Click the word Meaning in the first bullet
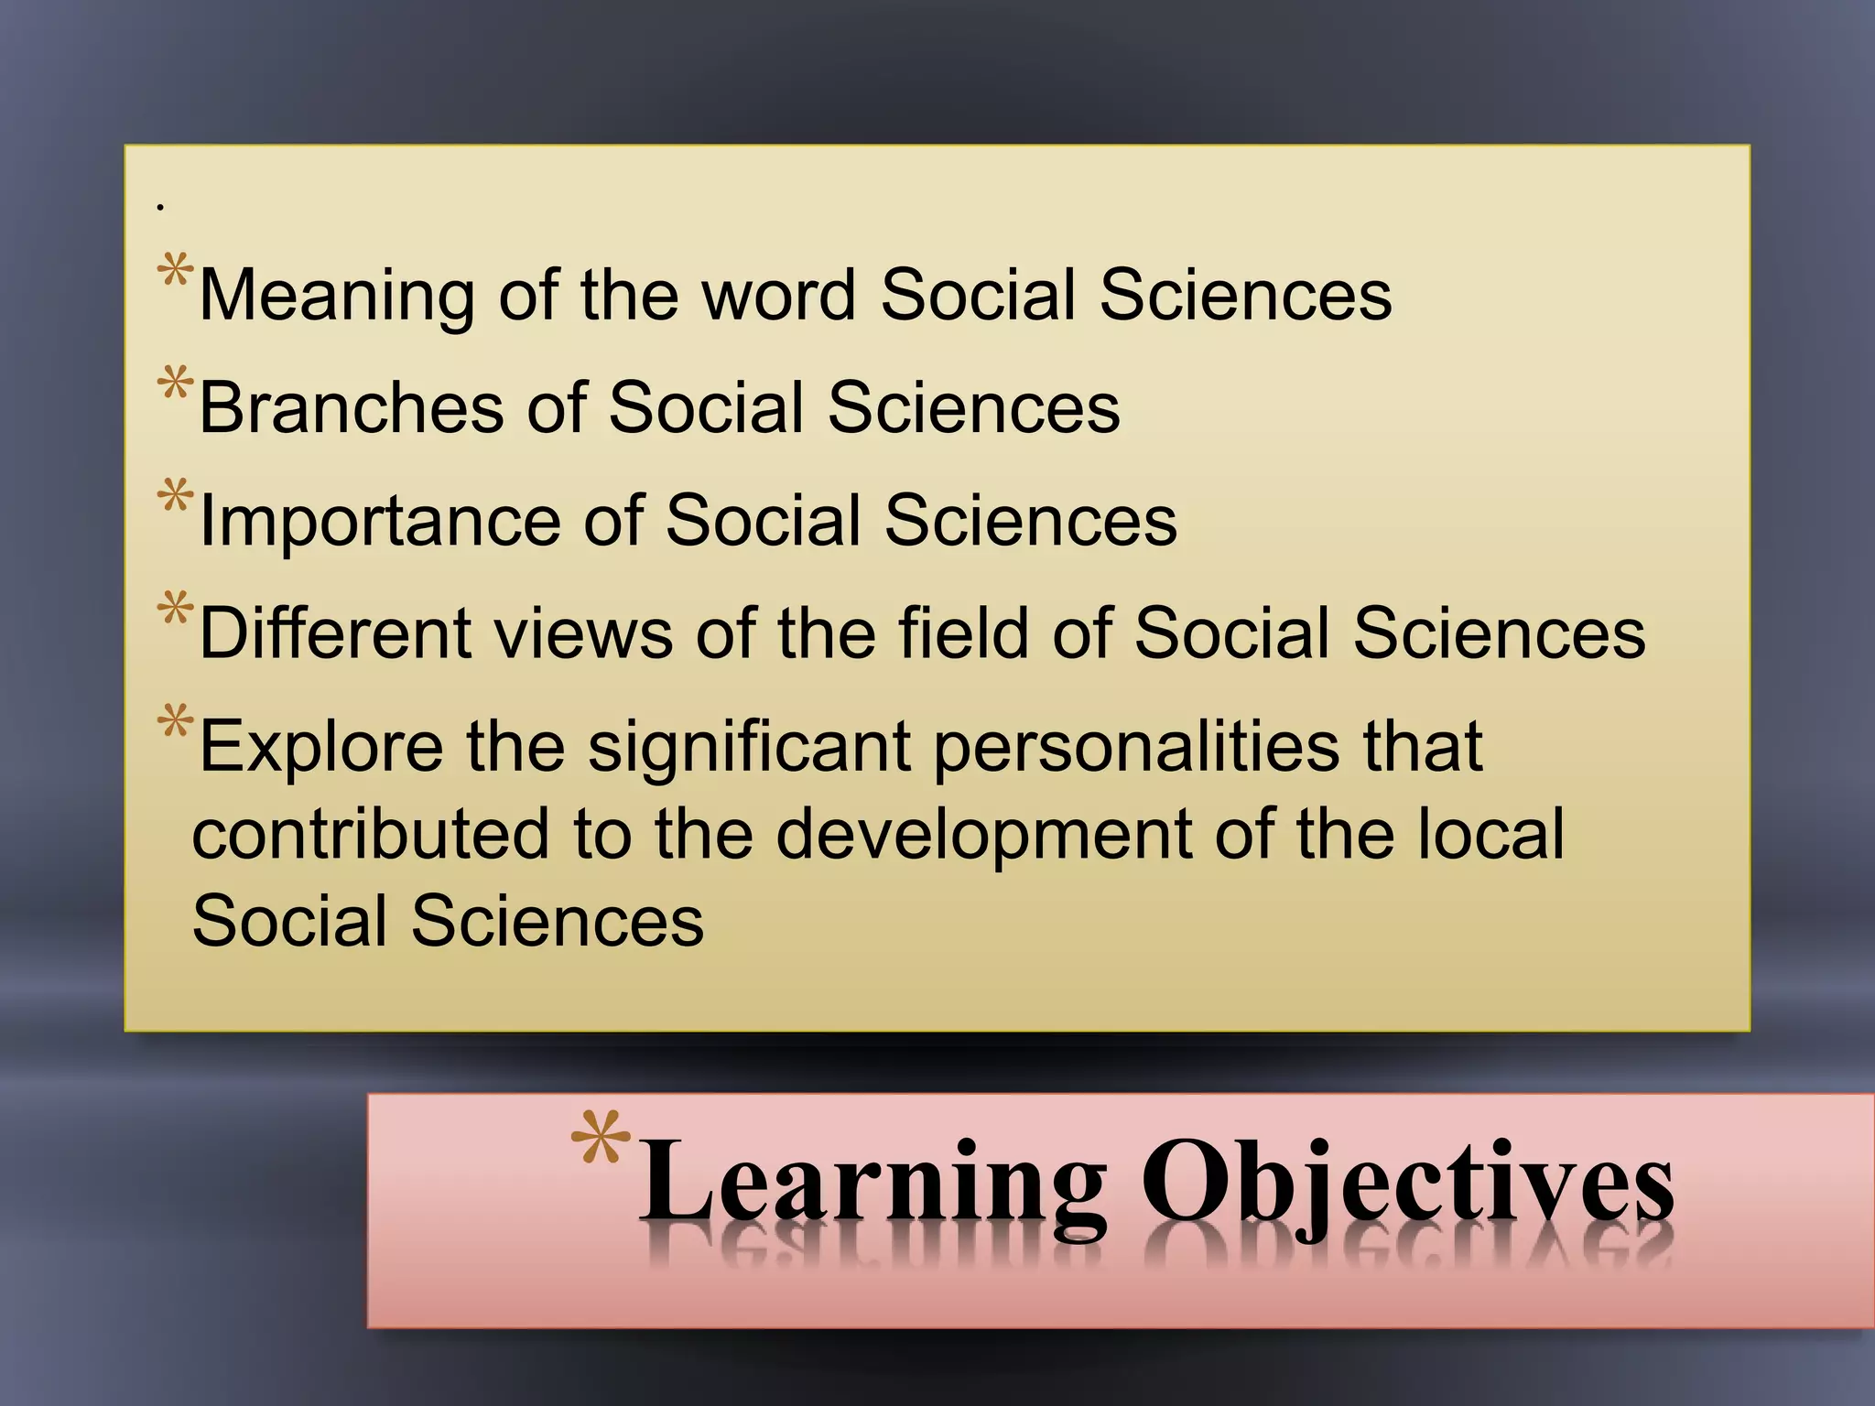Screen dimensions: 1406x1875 point(335,296)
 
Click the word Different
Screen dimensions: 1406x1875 point(335,633)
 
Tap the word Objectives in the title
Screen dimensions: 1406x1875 point(1408,1185)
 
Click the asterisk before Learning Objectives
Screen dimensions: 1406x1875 point(601,1137)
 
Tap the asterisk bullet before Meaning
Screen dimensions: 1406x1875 point(175,272)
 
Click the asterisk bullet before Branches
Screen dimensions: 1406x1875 point(175,384)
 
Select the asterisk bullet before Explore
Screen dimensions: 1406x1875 point(175,722)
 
